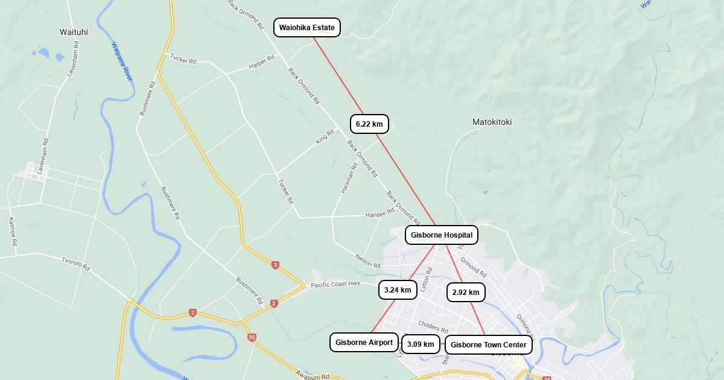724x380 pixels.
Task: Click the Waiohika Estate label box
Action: click(307, 28)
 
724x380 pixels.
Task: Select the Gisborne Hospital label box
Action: click(442, 235)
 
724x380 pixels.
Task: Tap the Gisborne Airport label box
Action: click(364, 343)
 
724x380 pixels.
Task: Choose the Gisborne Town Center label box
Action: click(489, 345)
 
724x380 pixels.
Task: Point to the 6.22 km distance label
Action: click(369, 124)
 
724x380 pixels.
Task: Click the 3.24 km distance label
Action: click(398, 290)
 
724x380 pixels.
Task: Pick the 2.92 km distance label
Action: click(466, 293)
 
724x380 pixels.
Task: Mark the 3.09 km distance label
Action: click(421, 344)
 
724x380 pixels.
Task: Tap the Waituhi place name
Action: click(74, 32)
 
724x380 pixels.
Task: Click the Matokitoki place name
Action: click(492, 122)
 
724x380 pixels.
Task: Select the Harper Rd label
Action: click(262, 62)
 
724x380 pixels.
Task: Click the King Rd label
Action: click(325, 137)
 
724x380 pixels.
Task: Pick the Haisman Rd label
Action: click(349, 178)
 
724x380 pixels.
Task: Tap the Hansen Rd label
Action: click(379, 214)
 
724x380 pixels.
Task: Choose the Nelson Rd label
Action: click(368, 261)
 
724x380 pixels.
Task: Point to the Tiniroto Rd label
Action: click(75, 264)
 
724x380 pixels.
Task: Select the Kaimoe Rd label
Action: click(12, 232)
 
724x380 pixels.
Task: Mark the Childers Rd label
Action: click(433, 327)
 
